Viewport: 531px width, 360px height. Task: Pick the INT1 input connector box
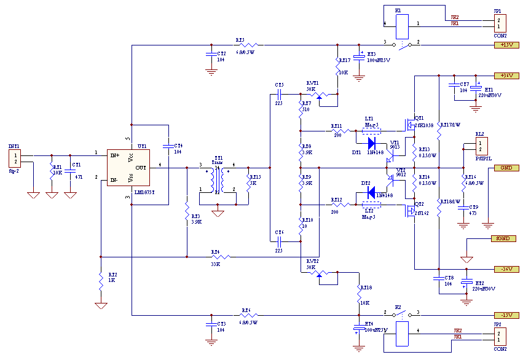point(14,158)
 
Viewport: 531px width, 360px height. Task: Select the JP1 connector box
point(499,23)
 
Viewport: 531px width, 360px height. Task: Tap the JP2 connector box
point(499,337)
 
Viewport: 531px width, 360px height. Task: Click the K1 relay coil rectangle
point(401,25)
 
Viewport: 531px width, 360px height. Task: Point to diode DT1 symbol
point(371,144)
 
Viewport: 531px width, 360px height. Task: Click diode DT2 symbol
point(371,192)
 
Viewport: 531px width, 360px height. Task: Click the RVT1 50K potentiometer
point(319,95)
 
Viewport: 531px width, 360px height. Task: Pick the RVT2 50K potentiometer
point(319,272)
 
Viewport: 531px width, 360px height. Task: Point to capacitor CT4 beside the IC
point(168,146)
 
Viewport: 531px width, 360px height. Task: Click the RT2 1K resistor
point(100,283)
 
